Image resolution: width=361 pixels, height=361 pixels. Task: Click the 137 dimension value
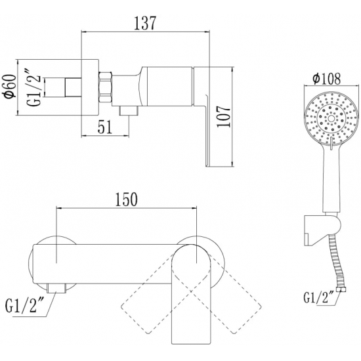145,23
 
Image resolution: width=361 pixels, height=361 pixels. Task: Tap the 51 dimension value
105,127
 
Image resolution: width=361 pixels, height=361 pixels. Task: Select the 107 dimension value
224,116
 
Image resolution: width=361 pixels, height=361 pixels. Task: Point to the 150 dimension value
127,199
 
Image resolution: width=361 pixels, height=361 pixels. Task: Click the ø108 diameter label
326,79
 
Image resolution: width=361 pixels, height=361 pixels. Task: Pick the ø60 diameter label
11,87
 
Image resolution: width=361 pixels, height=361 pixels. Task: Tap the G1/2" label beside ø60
35,87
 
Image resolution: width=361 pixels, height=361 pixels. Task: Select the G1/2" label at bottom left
23,305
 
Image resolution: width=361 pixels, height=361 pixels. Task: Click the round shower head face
331,119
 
